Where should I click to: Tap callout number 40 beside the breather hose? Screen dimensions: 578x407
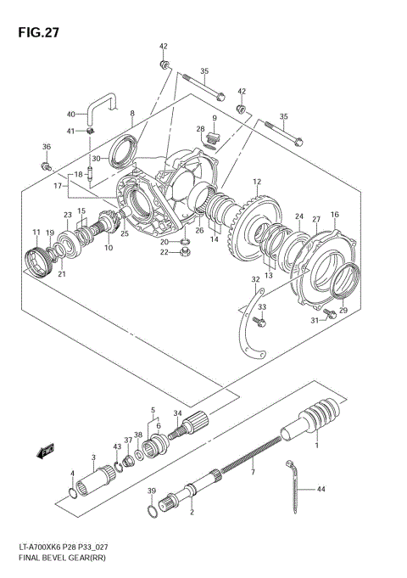coord(71,113)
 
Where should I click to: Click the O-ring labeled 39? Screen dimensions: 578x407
coord(152,512)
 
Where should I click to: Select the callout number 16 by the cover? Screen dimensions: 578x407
coord(335,215)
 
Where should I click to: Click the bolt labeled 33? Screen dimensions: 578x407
coord(262,322)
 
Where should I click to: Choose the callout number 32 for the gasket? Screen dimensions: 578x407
coord(254,278)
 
